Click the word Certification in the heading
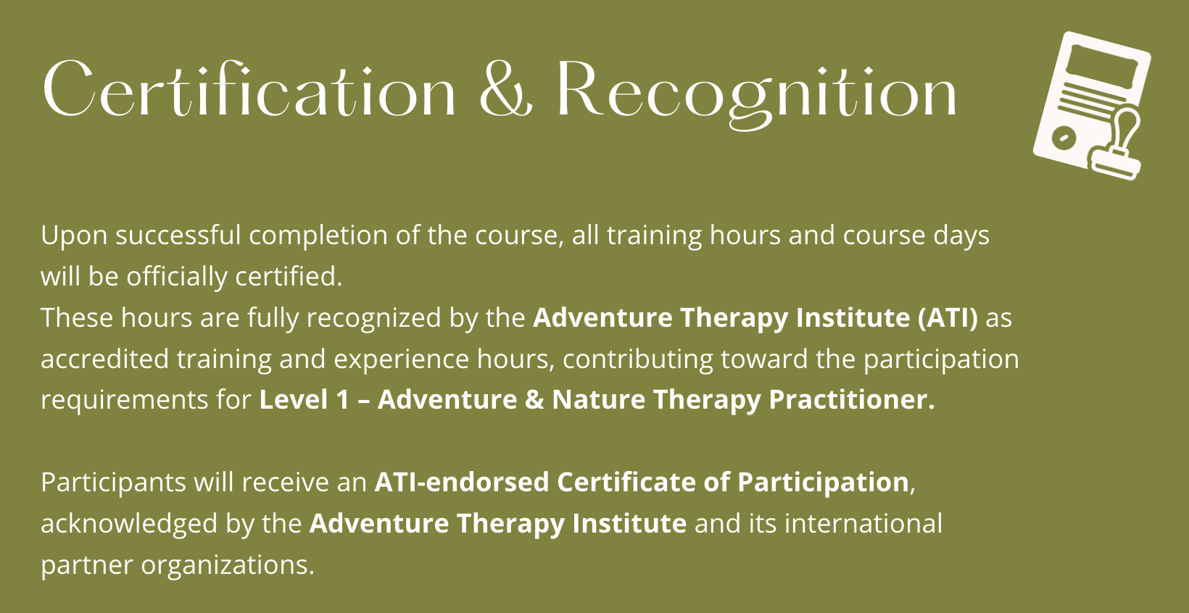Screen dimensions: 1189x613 point(249,88)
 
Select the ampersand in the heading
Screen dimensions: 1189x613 point(506,88)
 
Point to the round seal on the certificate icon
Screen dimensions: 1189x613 point(1064,138)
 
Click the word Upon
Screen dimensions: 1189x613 point(74,235)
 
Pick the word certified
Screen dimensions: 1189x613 point(289,276)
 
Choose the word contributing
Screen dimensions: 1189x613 point(637,359)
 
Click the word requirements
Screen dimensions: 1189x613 point(125,401)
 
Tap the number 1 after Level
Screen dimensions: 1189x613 point(343,400)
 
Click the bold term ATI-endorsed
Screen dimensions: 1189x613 point(462,482)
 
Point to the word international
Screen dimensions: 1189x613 point(863,523)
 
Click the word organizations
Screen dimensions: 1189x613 point(228,565)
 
